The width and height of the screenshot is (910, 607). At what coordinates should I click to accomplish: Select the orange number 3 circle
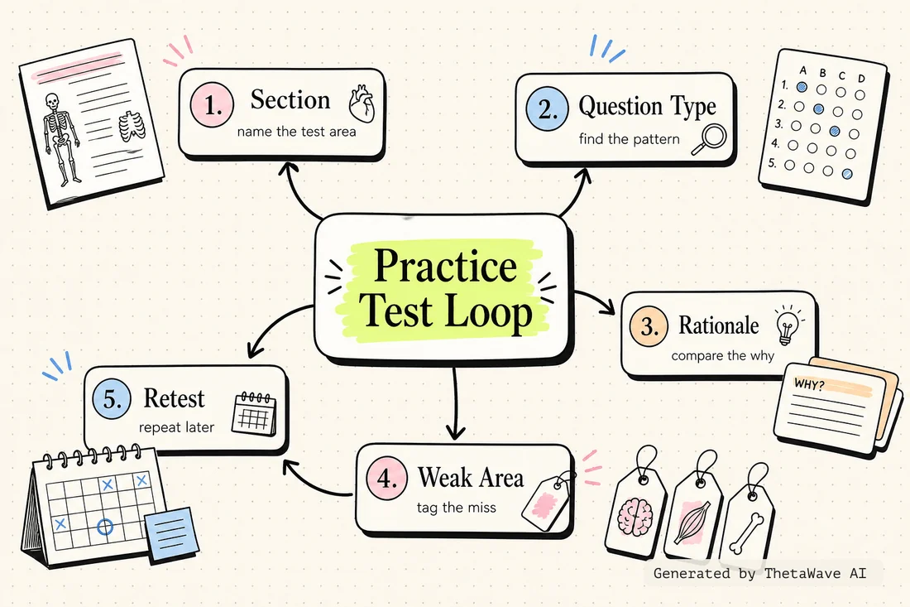[x=649, y=326]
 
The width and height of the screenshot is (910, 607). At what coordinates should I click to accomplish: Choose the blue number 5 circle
[x=113, y=399]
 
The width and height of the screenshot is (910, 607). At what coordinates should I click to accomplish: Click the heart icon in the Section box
[x=362, y=104]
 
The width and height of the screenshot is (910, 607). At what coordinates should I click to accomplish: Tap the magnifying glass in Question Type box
[x=709, y=139]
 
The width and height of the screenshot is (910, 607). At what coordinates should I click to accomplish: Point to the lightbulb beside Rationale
[x=788, y=325]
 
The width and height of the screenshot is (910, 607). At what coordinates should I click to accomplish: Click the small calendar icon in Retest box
[x=254, y=413]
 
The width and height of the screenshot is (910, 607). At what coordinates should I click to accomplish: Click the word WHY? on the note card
[x=809, y=384]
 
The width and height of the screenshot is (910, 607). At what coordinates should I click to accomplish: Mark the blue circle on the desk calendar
[x=105, y=527]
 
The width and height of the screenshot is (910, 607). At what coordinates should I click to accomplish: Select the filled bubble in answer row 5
[x=847, y=173]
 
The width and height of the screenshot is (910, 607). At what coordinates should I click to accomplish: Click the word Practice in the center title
[x=445, y=266]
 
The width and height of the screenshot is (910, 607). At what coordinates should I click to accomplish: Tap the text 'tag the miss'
[x=456, y=508]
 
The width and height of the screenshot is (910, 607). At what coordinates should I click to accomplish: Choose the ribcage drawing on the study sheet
[x=132, y=126]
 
